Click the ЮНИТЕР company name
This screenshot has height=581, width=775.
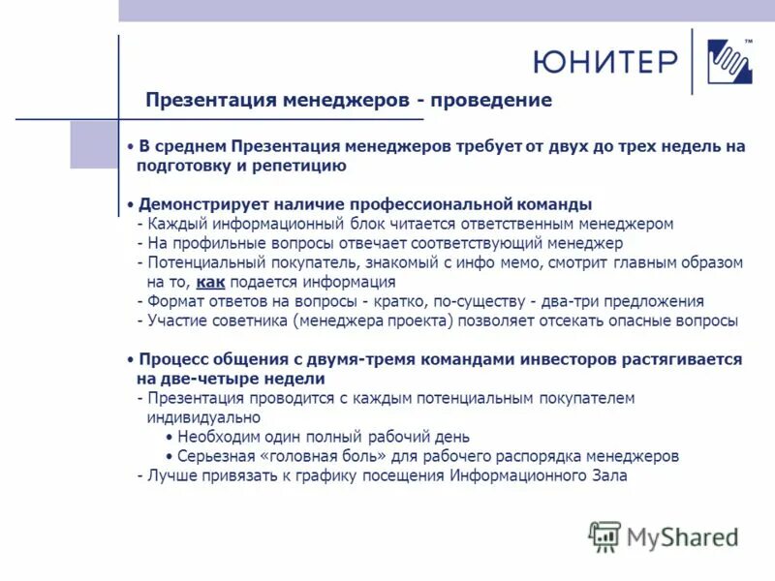604,62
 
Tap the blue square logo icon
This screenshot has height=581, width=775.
729,63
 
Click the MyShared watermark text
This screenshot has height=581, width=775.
682,536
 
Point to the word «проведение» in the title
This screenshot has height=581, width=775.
491,101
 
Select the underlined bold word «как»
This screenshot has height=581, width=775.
210,283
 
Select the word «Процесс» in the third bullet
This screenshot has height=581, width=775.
170,359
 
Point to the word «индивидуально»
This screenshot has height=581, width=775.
203,417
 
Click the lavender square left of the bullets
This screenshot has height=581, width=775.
94,145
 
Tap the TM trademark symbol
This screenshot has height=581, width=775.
748,40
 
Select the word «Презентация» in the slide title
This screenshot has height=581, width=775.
210,101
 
